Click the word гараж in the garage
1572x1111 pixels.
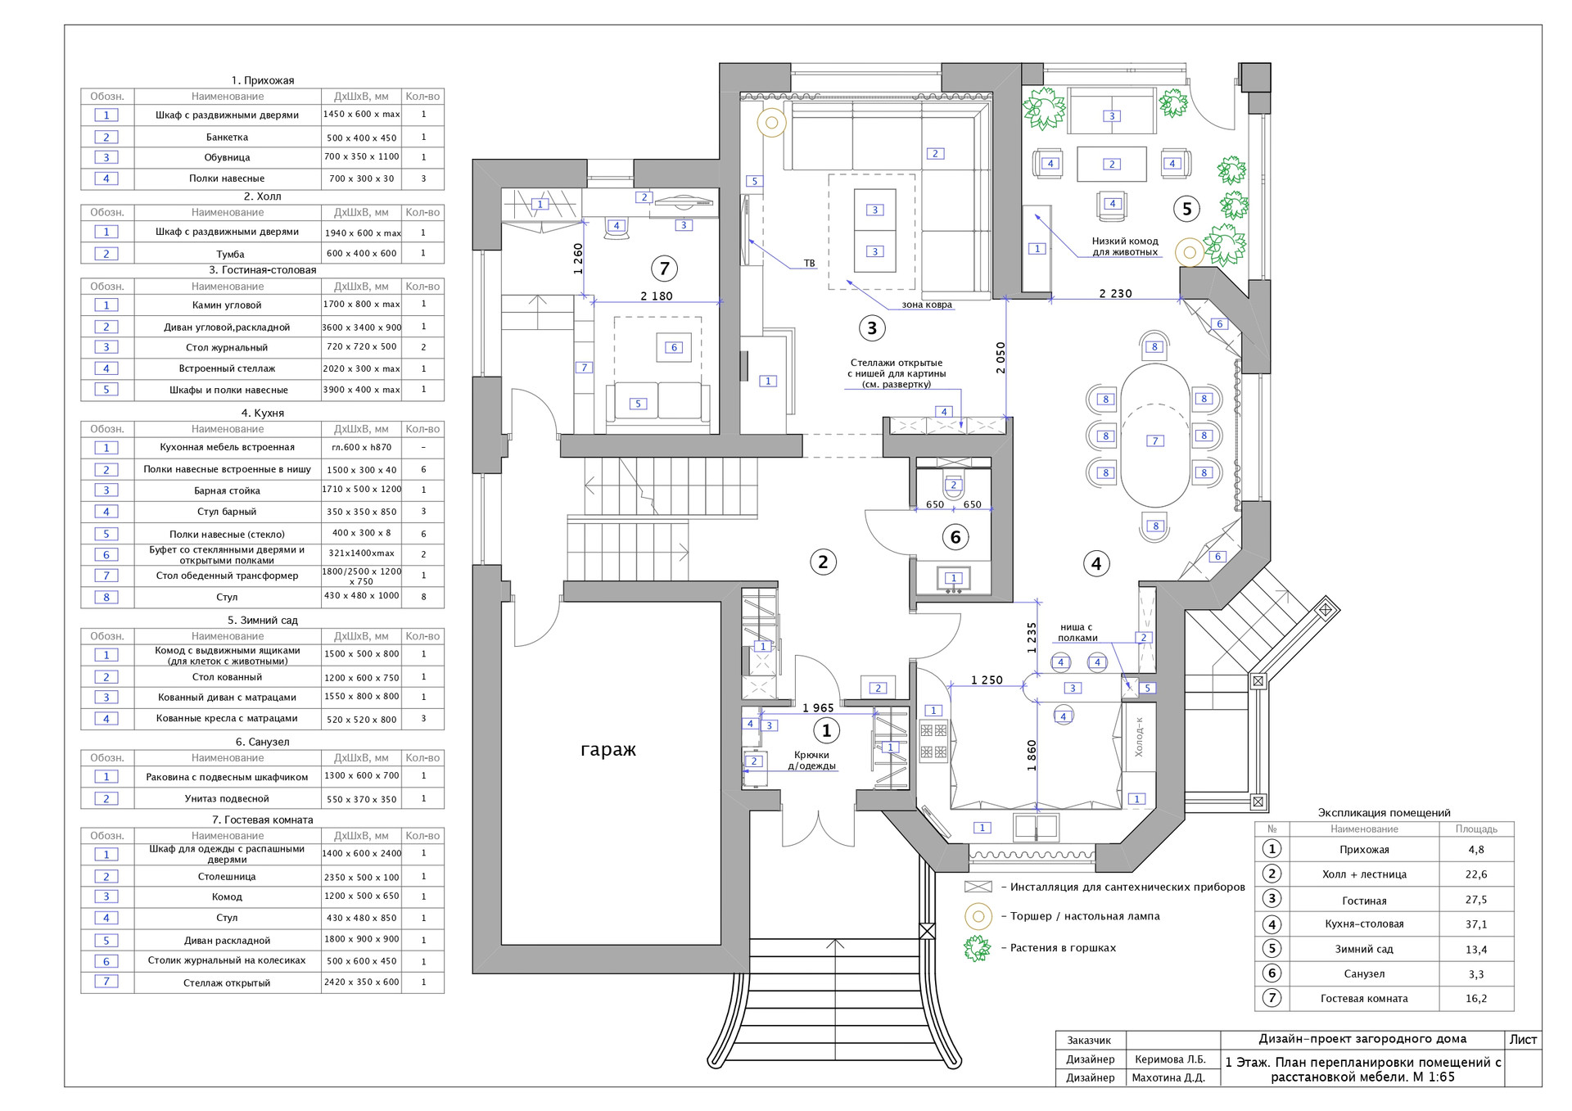click(608, 750)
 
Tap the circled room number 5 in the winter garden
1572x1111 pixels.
click(1187, 209)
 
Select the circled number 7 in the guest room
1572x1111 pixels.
click(664, 268)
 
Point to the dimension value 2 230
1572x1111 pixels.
click(1115, 294)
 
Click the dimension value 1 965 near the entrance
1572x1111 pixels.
click(818, 708)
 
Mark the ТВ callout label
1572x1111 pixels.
click(809, 264)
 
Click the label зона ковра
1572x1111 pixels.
click(927, 305)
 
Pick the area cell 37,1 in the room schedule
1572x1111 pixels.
click(1475, 924)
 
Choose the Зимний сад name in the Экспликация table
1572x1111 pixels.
click(1364, 950)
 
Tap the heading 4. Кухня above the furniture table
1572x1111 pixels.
click(262, 413)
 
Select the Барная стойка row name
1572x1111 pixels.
click(227, 491)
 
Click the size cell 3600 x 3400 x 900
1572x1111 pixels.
click(362, 327)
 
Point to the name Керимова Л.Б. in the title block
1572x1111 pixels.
click(1170, 1059)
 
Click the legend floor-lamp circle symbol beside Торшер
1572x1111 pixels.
click(978, 916)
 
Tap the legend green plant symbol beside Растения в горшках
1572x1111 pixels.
click(978, 948)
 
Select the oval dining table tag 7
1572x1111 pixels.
click(1155, 440)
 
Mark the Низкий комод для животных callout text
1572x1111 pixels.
click(1125, 246)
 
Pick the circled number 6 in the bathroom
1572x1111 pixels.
click(955, 537)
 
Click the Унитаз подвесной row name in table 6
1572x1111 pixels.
click(227, 799)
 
